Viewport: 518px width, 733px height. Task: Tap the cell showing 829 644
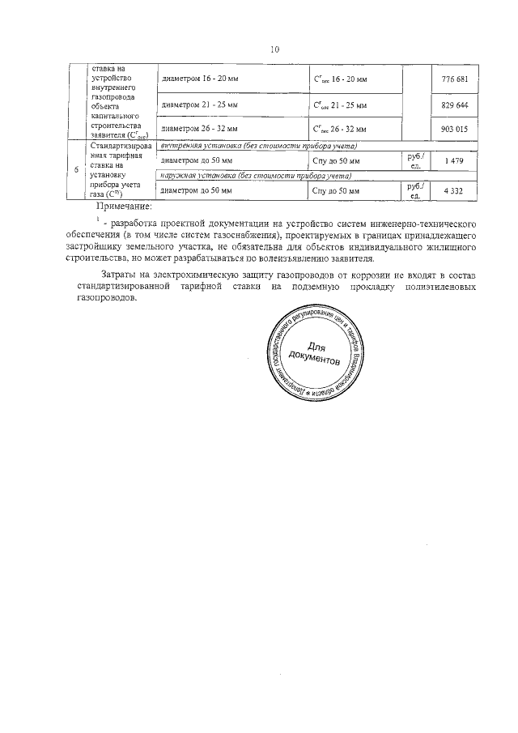[455, 106]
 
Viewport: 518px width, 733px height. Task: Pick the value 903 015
[455, 129]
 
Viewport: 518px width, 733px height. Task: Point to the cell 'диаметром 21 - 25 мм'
[199, 106]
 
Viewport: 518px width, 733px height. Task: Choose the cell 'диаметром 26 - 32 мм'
[199, 129]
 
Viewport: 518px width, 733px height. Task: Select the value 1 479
[455, 161]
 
